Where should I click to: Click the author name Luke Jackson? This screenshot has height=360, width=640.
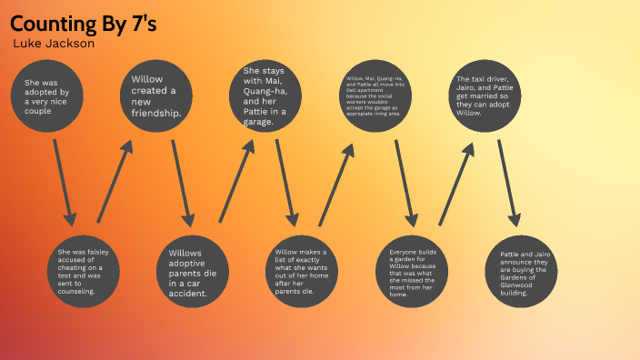pos(54,44)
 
